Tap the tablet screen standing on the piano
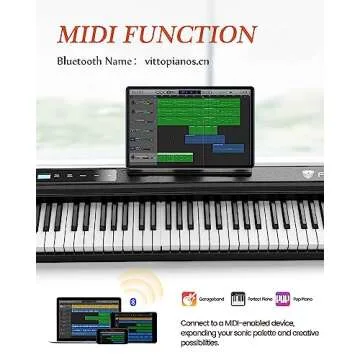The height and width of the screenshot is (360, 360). coord(190,125)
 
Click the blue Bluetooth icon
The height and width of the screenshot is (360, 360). coord(137,300)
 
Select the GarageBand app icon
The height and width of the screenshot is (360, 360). coord(189,298)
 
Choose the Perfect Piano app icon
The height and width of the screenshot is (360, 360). coord(238,298)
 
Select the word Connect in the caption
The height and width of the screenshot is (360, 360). coord(196,324)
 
